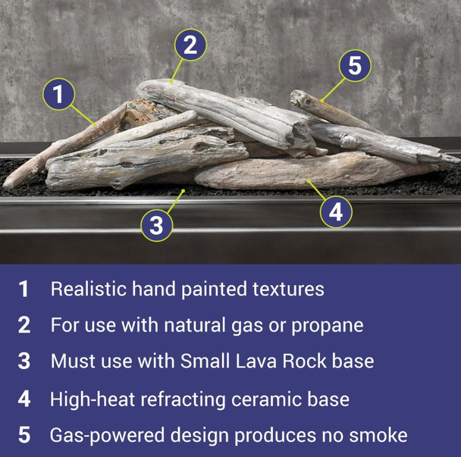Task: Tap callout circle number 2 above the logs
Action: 190,45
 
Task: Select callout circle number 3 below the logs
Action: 156,224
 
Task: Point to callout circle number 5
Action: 354,66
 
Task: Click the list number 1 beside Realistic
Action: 24,289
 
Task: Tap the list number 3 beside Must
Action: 24,362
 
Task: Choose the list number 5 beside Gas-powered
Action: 24,435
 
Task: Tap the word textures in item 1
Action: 287,289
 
